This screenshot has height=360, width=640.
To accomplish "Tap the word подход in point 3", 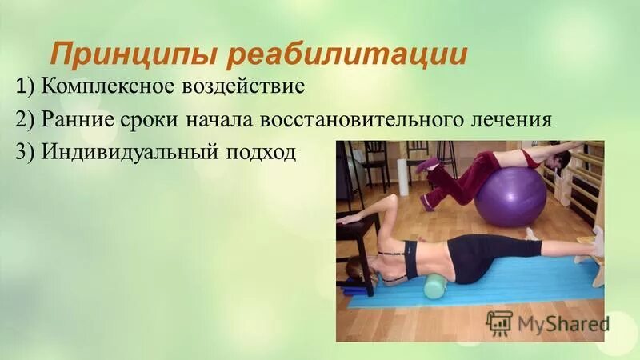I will (x=255, y=151).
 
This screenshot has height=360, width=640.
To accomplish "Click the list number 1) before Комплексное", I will (x=23, y=86).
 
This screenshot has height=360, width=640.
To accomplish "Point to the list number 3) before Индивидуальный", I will (x=23, y=151).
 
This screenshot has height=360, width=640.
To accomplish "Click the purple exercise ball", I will (x=510, y=195).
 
